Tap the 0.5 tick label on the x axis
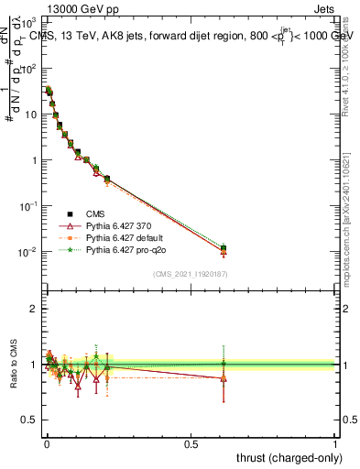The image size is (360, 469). pos(190,443)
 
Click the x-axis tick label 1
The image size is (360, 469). pos(336,443)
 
